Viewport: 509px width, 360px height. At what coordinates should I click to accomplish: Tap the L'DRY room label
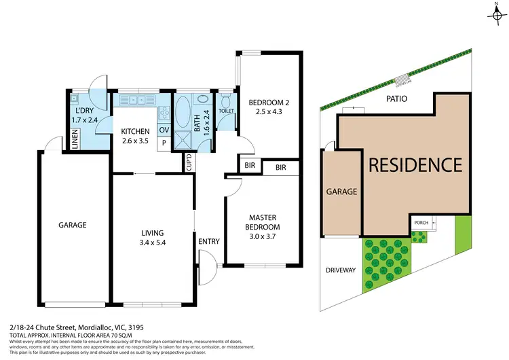tap(84, 111)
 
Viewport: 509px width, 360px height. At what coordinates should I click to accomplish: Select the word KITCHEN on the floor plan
tap(136, 131)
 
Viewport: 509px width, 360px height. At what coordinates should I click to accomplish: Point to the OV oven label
tap(164, 130)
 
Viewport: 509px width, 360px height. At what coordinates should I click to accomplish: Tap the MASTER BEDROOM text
tap(263, 221)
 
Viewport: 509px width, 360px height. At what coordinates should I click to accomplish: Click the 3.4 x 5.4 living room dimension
tap(153, 241)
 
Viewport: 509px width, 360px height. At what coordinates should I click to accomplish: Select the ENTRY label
tap(208, 241)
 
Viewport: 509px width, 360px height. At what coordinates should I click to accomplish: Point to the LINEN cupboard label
tap(75, 142)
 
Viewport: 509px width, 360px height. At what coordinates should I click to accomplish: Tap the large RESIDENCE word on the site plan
tap(415, 164)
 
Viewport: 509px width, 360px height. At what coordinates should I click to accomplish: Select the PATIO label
tap(398, 98)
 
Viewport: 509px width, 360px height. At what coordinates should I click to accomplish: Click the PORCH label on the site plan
tap(419, 222)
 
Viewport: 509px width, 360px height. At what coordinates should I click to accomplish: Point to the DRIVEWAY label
tap(341, 270)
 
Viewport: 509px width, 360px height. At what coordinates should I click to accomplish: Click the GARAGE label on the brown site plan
tap(342, 192)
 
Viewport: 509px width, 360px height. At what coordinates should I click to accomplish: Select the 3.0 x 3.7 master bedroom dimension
tap(263, 236)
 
